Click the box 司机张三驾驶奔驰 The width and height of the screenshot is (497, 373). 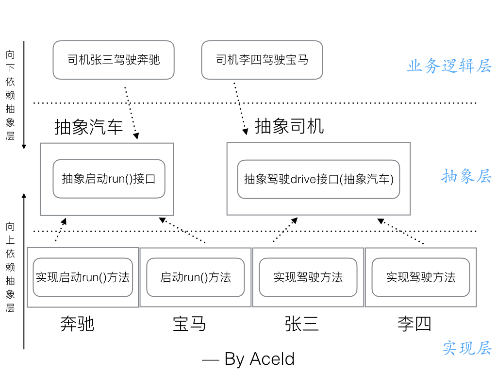click(114, 60)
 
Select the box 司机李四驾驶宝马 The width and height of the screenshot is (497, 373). click(262, 60)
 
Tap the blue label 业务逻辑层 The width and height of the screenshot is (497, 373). click(449, 66)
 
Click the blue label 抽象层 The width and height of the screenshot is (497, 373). click(466, 176)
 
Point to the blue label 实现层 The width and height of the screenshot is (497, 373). click(466, 348)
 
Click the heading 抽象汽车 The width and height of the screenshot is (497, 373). click(89, 127)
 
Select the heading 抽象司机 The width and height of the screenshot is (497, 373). click(289, 126)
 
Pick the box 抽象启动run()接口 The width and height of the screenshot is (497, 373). click(109, 179)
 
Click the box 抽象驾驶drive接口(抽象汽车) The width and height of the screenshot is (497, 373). click(318, 179)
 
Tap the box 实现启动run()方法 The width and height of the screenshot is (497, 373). click(83, 277)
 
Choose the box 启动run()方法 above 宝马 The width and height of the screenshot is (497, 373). click(196, 277)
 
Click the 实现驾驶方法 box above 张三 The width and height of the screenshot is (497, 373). click(308, 277)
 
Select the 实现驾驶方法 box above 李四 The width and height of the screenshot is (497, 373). click(421, 277)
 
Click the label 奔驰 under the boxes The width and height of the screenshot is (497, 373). click(77, 323)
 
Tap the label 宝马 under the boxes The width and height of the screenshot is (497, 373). click(190, 323)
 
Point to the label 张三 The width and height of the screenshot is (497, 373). click(302, 323)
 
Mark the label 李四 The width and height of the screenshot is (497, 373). click(414, 323)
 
